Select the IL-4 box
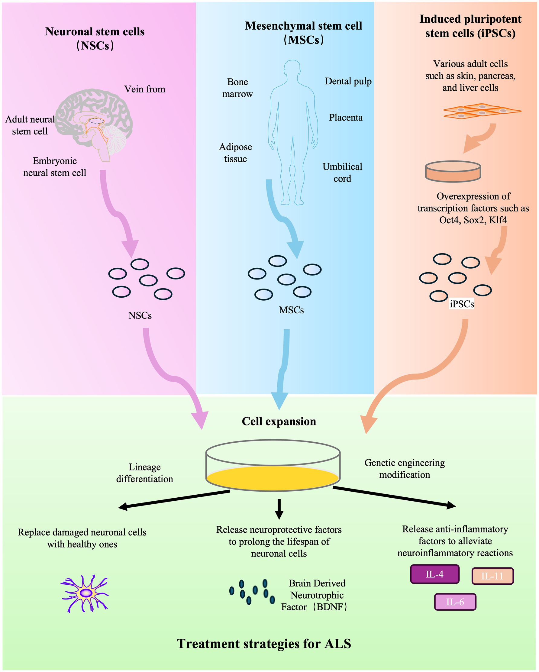434,574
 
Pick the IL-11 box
492,576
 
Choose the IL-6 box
455,602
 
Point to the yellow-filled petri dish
273,466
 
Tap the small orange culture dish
453,171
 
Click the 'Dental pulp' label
348,81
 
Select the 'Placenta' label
346,118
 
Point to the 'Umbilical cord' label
342,172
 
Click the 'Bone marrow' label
237,88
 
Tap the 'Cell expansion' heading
279,422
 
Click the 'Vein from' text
145,89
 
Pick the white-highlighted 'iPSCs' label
462,304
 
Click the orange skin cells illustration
482,111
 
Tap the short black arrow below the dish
279,509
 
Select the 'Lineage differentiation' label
145,473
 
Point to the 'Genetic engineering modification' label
405,469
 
